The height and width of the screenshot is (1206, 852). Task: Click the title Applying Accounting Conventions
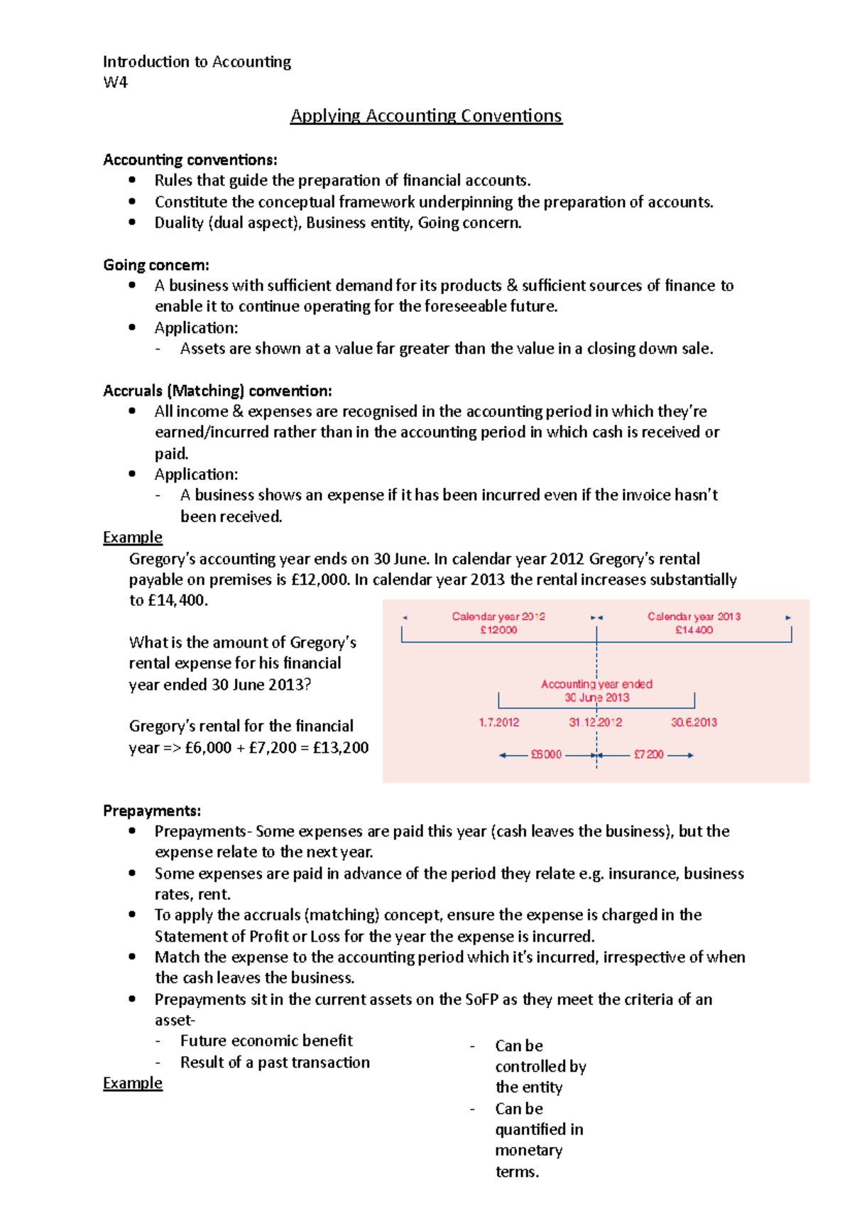tap(426, 116)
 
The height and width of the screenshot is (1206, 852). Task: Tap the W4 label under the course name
tap(115, 82)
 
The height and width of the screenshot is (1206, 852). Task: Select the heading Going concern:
tap(156, 265)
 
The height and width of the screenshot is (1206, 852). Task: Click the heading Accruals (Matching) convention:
tap(217, 391)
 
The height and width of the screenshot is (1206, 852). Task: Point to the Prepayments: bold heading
tap(152, 810)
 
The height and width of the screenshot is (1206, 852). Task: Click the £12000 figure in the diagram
tap(498, 630)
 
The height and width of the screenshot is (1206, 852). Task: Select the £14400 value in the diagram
tap(694, 630)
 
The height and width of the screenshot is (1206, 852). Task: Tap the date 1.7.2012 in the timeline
tap(498, 722)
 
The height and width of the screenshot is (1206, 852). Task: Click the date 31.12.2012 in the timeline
tap(595, 722)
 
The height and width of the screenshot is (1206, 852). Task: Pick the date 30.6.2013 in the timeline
tap(694, 722)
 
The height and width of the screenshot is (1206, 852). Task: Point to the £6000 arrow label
tap(546, 754)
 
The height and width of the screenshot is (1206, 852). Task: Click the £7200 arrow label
tap(648, 754)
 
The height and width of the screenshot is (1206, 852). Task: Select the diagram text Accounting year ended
tap(596, 684)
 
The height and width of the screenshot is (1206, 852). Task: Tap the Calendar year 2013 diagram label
tap(694, 616)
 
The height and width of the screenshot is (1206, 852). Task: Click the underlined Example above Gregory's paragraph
tap(133, 537)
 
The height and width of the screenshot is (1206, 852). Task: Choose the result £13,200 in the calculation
tap(341, 747)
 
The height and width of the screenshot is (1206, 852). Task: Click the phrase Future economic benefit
tap(266, 1041)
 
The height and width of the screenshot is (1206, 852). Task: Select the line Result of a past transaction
tap(275, 1063)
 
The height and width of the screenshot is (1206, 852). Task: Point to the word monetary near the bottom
tap(529, 1150)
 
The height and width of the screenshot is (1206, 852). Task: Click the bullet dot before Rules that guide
tap(132, 180)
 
